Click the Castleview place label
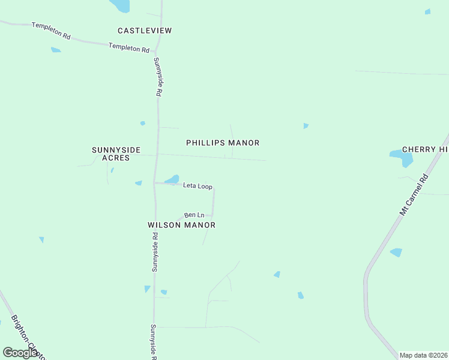tap(145, 31)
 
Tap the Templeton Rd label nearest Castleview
tap(128, 47)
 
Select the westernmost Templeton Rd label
tap(51, 31)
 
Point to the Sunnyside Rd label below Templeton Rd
tap(158, 77)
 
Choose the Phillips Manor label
tap(223, 143)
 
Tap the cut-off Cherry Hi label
tap(425, 149)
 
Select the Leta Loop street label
tap(197, 187)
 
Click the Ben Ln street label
tap(194, 215)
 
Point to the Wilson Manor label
tap(181, 225)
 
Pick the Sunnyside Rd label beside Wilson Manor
tap(155, 252)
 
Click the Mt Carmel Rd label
tap(414, 196)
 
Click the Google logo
tap(20, 353)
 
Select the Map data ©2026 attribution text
tap(423, 355)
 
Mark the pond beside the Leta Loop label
tap(172, 179)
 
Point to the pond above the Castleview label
tap(120, 5)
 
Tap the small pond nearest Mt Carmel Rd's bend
tap(396, 253)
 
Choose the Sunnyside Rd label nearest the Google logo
tap(154, 342)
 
